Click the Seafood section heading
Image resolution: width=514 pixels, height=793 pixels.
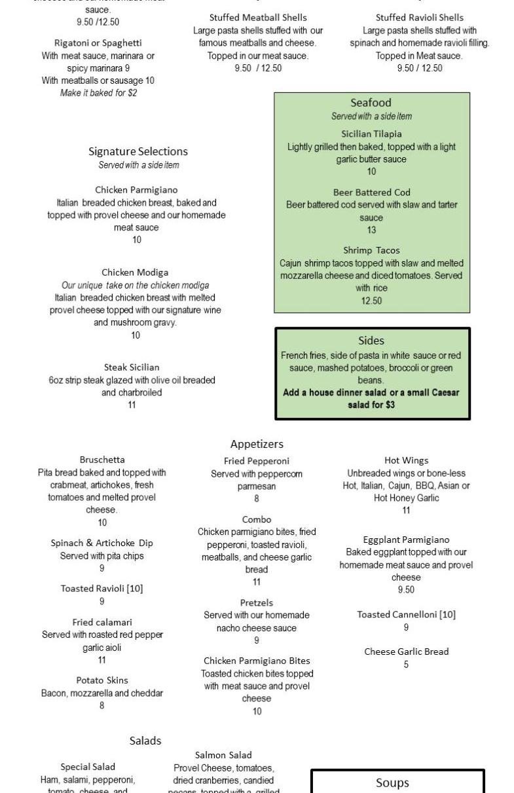click(x=371, y=103)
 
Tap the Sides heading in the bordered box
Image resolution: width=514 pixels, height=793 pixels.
click(x=371, y=341)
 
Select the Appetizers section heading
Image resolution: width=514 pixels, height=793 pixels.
click(x=257, y=445)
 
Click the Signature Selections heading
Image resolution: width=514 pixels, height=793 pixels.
click(x=138, y=151)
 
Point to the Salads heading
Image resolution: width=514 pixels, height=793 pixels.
click(x=145, y=741)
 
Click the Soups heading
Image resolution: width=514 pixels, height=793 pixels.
click(x=392, y=783)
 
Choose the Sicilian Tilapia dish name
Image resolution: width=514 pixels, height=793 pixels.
click(x=371, y=134)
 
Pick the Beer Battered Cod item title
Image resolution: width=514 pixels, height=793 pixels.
click(x=371, y=193)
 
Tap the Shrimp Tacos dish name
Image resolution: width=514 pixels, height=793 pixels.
click(x=371, y=250)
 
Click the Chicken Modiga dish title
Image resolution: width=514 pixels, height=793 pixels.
click(x=135, y=272)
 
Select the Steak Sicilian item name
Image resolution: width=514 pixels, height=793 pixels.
click(x=132, y=367)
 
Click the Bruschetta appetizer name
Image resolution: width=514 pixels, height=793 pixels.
click(x=102, y=460)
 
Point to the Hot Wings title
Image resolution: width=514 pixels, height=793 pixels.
click(x=406, y=460)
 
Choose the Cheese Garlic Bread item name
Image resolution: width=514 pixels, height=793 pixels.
click(x=406, y=652)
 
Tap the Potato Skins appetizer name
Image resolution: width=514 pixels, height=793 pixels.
click(x=102, y=680)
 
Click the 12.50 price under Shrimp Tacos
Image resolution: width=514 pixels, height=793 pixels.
click(x=371, y=301)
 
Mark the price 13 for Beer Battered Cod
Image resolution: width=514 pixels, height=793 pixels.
click(x=371, y=230)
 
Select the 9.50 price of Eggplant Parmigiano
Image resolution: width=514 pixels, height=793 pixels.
click(x=406, y=590)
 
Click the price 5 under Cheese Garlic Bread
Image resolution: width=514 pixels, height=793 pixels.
click(x=406, y=665)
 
